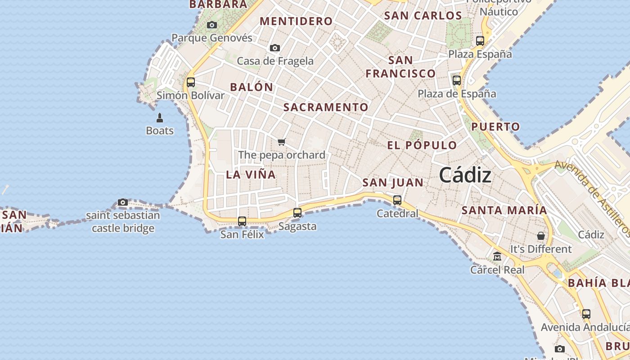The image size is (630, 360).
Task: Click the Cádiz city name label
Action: pyautogui.click(x=465, y=175)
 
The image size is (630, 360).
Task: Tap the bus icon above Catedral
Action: pyautogui.click(x=397, y=200)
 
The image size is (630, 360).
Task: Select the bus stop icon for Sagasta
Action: pyautogui.click(x=297, y=213)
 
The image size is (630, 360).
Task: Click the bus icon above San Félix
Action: pyautogui.click(x=242, y=221)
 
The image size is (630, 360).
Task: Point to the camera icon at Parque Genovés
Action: pyautogui.click(x=212, y=25)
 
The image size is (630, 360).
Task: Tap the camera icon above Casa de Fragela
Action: pyautogui.click(x=275, y=48)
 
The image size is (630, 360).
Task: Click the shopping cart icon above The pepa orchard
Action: pyautogui.click(x=282, y=142)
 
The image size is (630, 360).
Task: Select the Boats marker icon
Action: pyautogui.click(x=159, y=118)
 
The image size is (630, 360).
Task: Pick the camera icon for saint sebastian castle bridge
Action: pyautogui.click(x=123, y=202)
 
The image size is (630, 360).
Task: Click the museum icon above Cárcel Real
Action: pyautogui.click(x=497, y=256)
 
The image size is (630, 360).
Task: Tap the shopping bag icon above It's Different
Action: pyautogui.click(x=540, y=236)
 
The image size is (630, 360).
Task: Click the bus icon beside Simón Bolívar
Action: pyautogui.click(x=191, y=82)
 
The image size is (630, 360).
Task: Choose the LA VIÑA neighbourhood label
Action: pyautogui.click(x=251, y=175)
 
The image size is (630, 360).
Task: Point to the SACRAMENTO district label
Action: pyautogui.click(x=326, y=108)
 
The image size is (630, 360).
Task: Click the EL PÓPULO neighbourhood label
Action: pyautogui.click(x=422, y=145)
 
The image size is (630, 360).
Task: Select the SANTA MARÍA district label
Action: pyautogui.click(x=504, y=210)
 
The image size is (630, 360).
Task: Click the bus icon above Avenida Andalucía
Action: pyautogui.click(x=586, y=314)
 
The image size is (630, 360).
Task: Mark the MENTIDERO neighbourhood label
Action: pyautogui.click(x=296, y=21)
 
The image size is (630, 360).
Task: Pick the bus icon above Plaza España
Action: pyautogui.click(x=480, y=41)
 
